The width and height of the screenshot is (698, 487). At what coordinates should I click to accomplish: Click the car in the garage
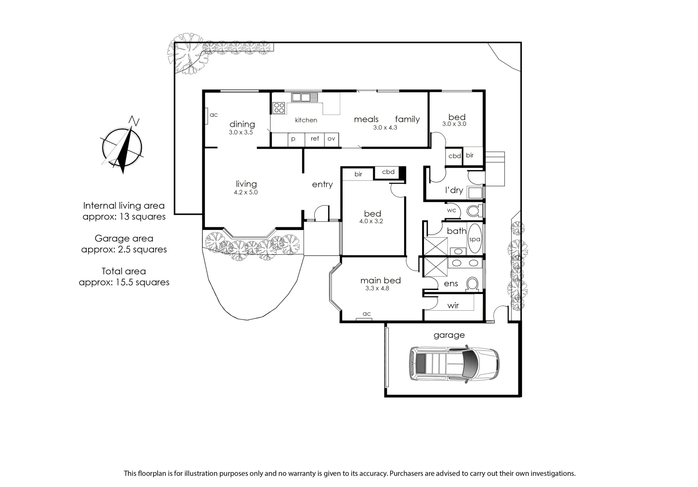pos(454,363)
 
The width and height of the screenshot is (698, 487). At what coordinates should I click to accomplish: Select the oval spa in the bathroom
pos(475,239)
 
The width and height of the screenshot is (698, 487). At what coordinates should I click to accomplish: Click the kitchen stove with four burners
pos(279,107)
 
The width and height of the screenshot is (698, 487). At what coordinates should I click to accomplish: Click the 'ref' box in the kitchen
pos(315,139)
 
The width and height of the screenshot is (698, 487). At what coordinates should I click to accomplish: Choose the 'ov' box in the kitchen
pos(331,139)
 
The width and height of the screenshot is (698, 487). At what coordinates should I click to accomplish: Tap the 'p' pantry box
pos(293,139)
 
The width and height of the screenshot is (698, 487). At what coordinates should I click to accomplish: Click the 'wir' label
pos(453,306)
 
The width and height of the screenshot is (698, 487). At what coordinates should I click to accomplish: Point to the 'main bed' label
pos(380,280)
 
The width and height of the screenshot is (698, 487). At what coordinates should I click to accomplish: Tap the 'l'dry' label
pos(454,190)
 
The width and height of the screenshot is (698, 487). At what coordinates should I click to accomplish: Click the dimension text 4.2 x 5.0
pos(246,193)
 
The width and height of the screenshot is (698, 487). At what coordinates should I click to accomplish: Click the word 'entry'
pos(322,184)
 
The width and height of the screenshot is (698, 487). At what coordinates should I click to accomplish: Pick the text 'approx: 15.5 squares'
pos(124,282)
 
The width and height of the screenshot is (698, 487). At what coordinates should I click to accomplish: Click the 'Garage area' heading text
pos(124,239)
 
